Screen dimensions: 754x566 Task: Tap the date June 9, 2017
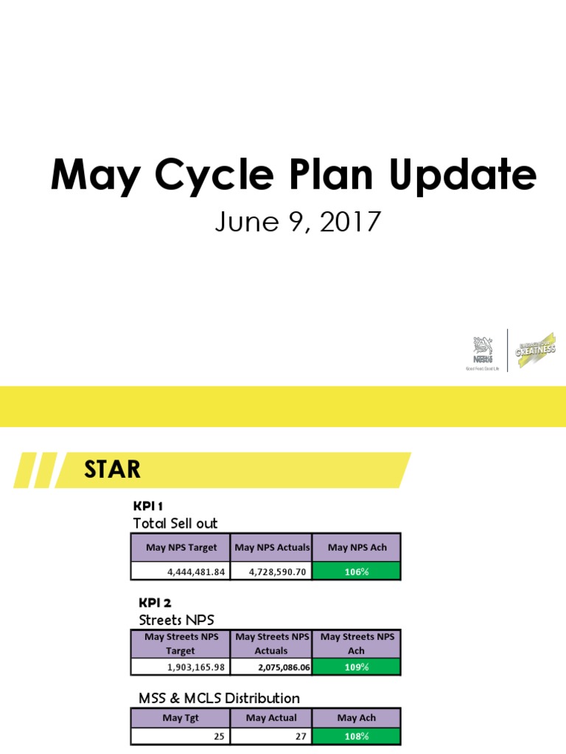[297, 221]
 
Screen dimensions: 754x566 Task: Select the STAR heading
[112, 469]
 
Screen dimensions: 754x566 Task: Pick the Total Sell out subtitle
[175, 523]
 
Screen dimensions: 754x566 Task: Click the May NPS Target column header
[181, 547]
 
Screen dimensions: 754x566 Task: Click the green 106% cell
[357, 571]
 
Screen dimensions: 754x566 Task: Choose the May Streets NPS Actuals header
[271, 644]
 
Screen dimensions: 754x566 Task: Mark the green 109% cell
[357, 667]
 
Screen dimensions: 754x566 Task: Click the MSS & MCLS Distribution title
[219, 697]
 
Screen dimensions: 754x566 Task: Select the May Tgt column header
[181, 717]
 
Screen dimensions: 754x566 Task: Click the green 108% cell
[357, 736]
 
